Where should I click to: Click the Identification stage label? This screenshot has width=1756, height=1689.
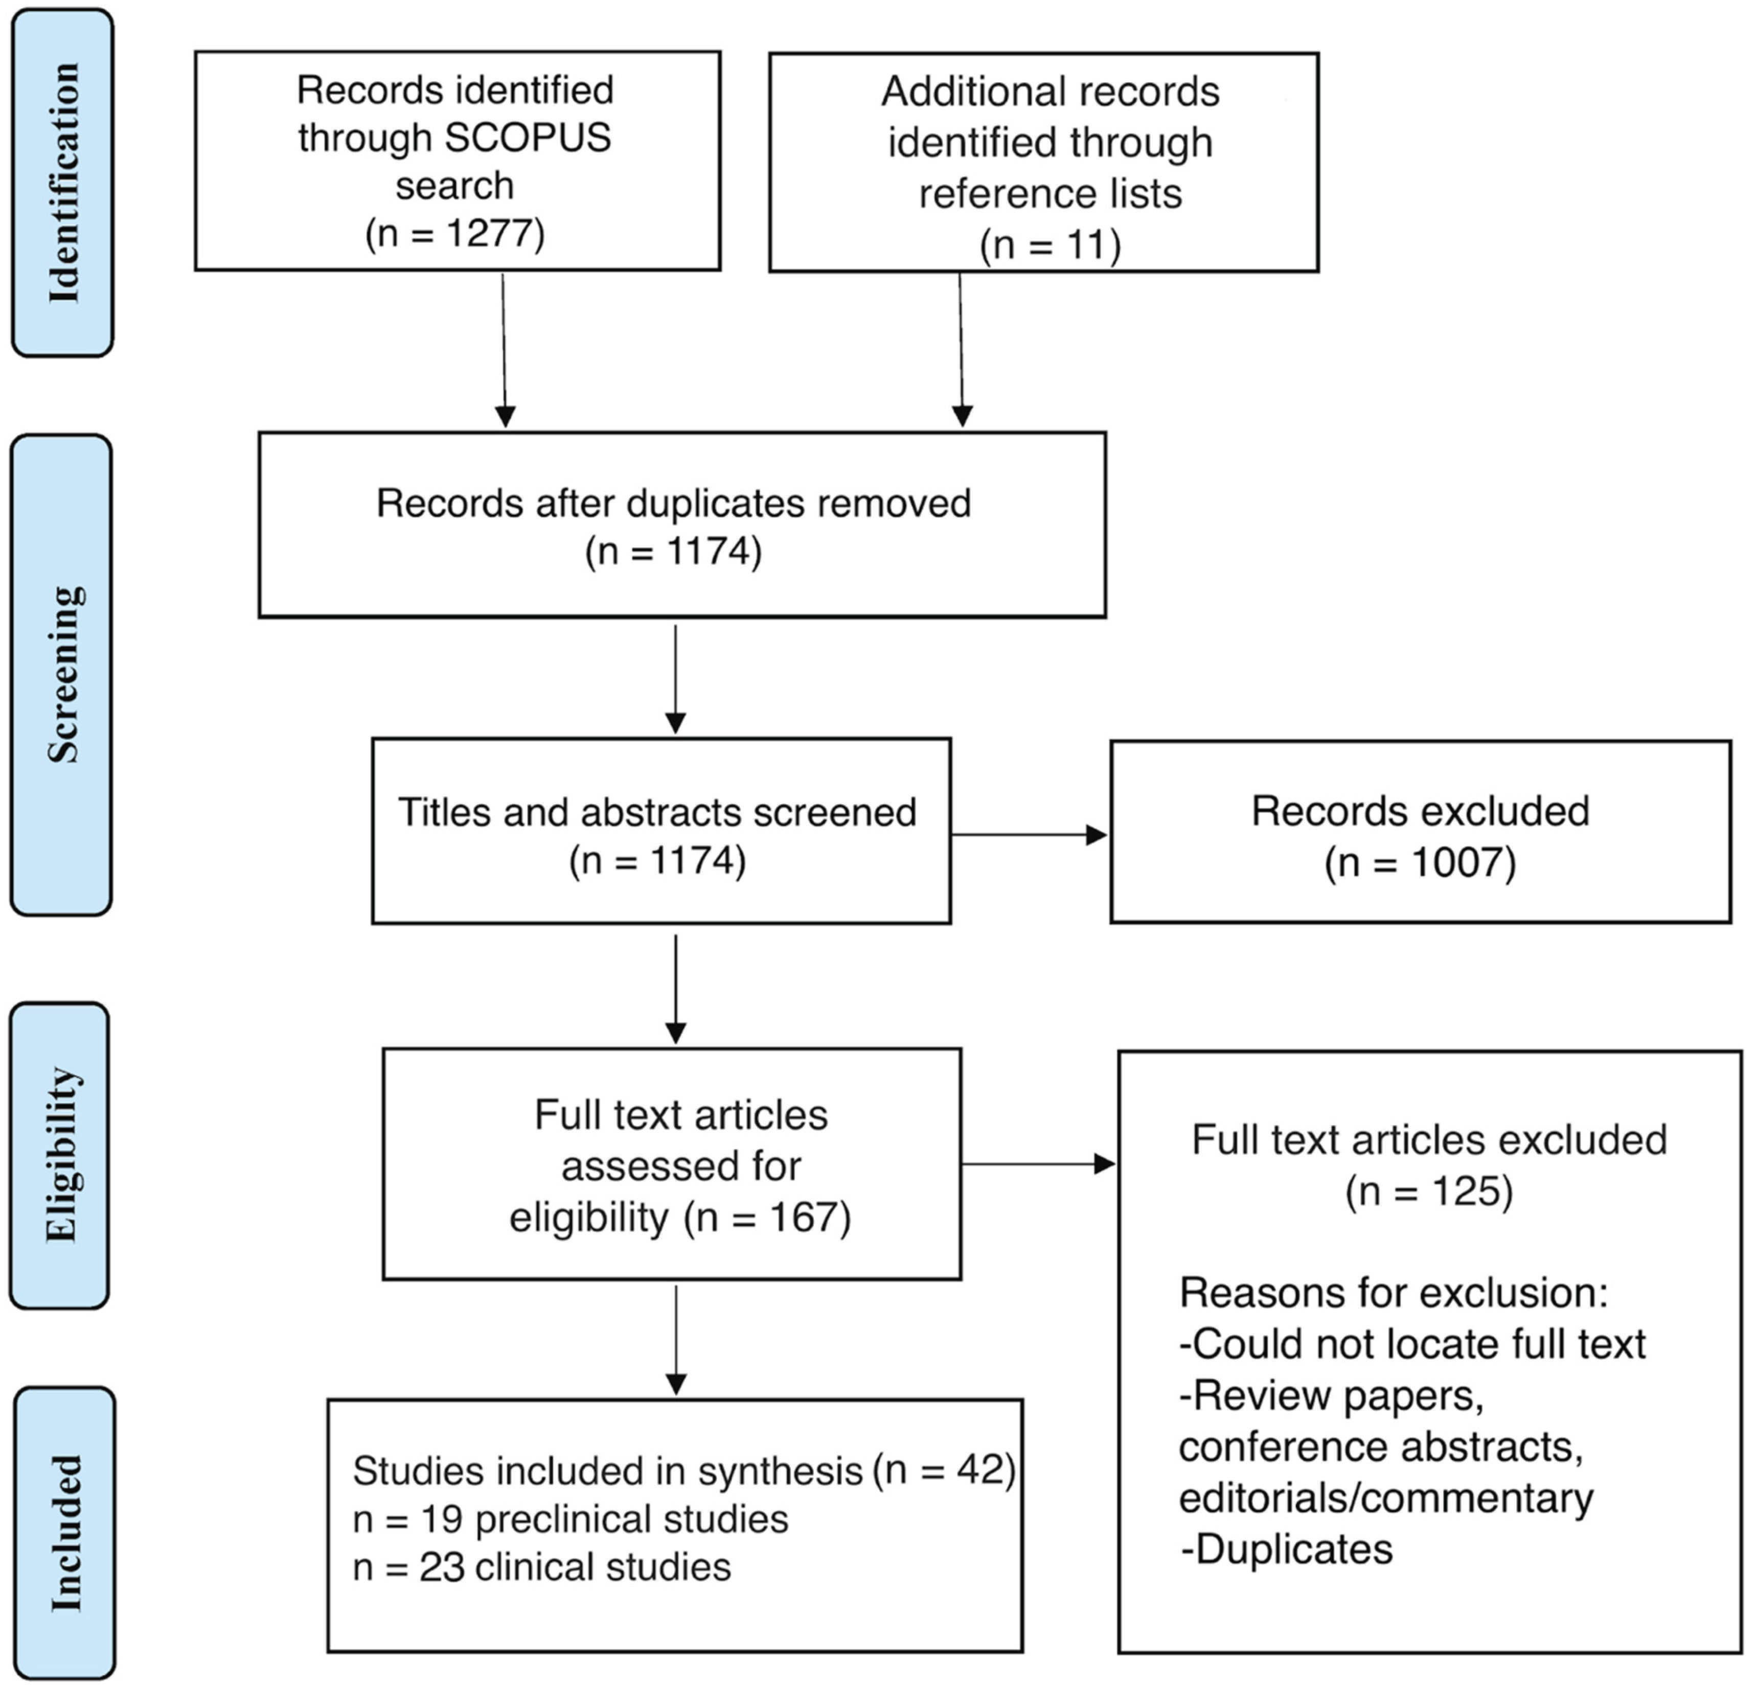pos(63,183)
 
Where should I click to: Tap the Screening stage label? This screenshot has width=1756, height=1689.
pos(63,675)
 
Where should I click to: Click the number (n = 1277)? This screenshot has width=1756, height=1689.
pos(455,233)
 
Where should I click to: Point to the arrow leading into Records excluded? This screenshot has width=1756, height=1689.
pos(1030,835)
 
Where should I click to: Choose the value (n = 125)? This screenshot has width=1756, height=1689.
pos(1429,1191)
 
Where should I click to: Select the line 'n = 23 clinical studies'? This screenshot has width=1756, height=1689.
pos(542,1567)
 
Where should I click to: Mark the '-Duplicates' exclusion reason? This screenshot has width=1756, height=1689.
pos(1287,1549)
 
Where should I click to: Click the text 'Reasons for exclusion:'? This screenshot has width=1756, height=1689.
pos(1393,1293)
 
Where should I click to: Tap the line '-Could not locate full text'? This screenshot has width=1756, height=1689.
pos(1413,1344)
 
